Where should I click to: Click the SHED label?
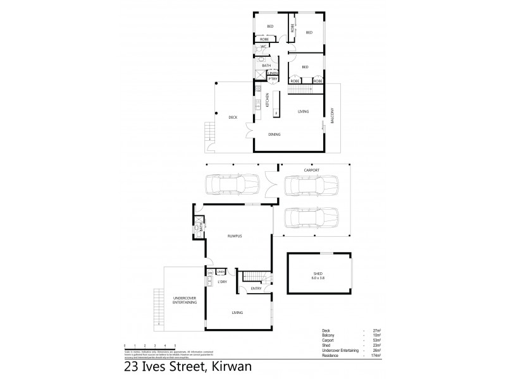click(318, 274)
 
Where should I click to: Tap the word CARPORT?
click(311, 171)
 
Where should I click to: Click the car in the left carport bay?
click(231, 186)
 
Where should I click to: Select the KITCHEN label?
click(268, 99)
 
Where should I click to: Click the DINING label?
click(274, 134)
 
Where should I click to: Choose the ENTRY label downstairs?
click(256, 289)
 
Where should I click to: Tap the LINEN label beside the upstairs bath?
click(273, 73)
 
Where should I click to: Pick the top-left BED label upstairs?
click(269, 25)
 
